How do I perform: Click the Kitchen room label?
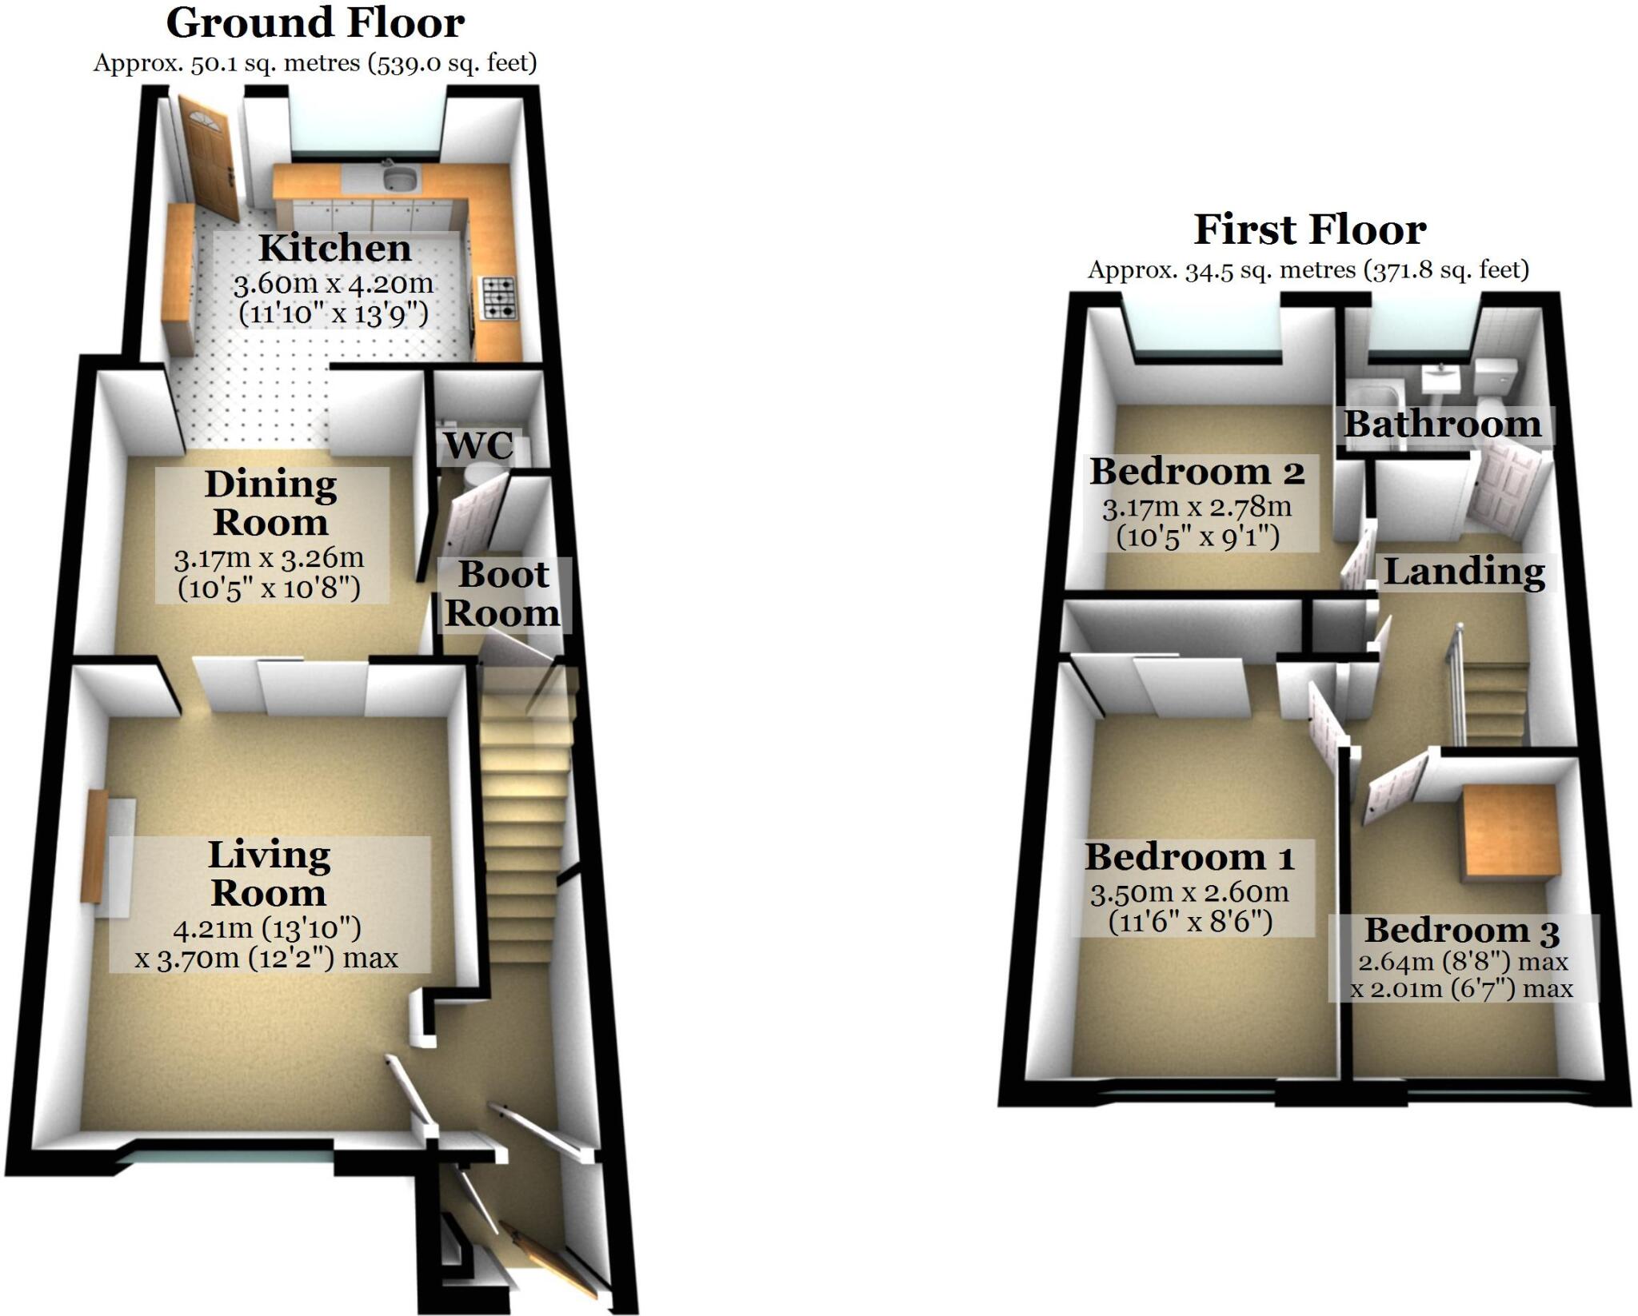(335, 249)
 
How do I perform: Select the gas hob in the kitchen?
(497, 298)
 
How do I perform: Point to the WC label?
(479, 446)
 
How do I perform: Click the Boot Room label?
(503, 594)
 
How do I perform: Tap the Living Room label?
(269, 874)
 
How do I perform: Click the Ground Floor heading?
(315, 23)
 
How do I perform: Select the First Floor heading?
(1309, 230)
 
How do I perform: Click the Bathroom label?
(1442, 425)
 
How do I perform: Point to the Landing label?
(1464, 572)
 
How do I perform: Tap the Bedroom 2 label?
(1197, 472)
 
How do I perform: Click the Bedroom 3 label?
(1461, 931)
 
